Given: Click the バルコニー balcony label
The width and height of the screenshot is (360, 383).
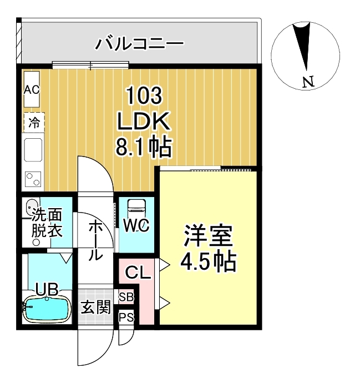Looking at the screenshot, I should coord(139,43).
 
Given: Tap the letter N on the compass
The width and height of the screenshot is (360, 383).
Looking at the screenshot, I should coord(308,83).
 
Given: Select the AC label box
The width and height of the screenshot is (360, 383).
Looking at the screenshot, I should coord(31,89).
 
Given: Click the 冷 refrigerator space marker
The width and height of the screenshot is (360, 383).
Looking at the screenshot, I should coord(33,123).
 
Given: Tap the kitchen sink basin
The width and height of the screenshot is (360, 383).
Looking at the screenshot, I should coord(33,149).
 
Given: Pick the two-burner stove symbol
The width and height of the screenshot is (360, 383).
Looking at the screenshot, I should coord(33,179).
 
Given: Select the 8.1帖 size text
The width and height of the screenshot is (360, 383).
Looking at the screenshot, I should coord(144,147).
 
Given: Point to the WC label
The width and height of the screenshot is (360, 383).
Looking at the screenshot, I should coord(135,227).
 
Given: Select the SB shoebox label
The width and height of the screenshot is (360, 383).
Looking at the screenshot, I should coord(126,297).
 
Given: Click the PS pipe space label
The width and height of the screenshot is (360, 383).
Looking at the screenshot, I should coord(126,317).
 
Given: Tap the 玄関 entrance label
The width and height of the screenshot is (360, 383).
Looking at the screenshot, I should coord(96,307).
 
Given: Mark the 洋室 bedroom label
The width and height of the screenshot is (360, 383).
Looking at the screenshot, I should coord(208,238).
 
